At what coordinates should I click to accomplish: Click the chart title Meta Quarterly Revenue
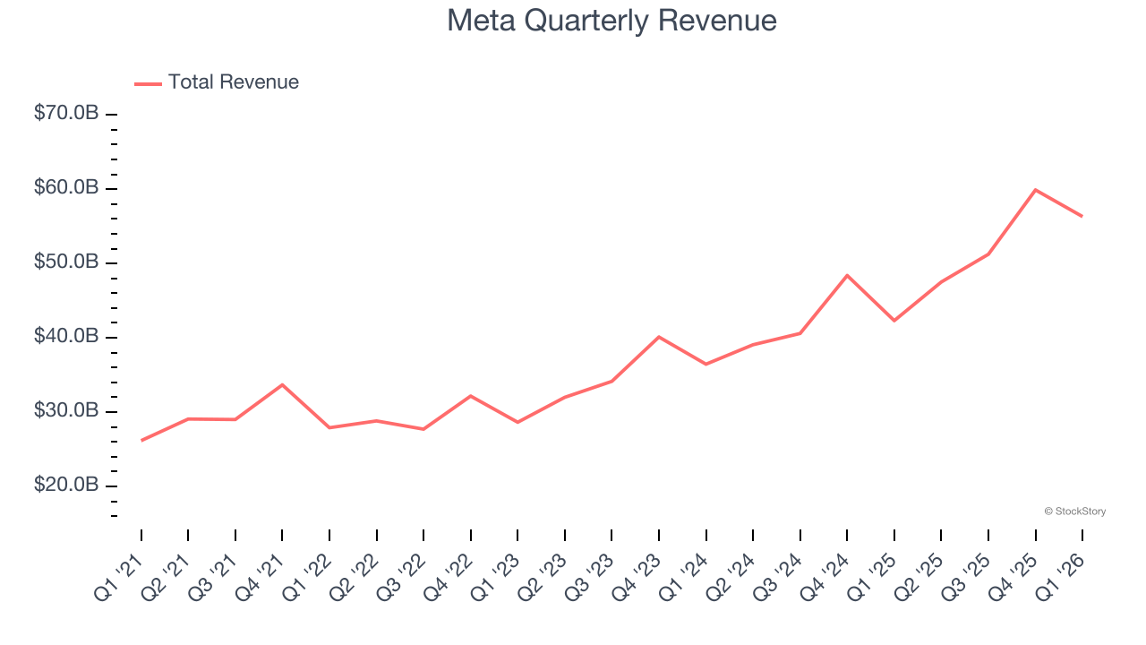tap(611, 21)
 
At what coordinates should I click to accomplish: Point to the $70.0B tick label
tap(65, 114)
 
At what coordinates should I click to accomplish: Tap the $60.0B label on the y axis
tap(65, 188)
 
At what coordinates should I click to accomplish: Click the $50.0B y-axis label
tap(65, 262)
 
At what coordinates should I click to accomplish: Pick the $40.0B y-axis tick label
tap(65, 337)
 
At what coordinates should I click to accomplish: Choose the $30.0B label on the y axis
tap(65, 411)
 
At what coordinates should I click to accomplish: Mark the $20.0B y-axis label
tap(65, 486)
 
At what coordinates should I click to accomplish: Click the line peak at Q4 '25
tap(1035, 190)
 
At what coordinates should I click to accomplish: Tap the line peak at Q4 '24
tap(847, 275)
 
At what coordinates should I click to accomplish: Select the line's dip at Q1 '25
tap(894, 321)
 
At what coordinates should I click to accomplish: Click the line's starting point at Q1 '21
tap(141, 440)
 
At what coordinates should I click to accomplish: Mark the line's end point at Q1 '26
tap(1082, 216)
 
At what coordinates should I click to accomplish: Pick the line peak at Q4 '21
tap(282, 384)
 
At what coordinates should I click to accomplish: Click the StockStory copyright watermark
tap(1074, 512)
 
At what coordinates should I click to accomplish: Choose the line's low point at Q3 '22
tap(423, 429)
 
